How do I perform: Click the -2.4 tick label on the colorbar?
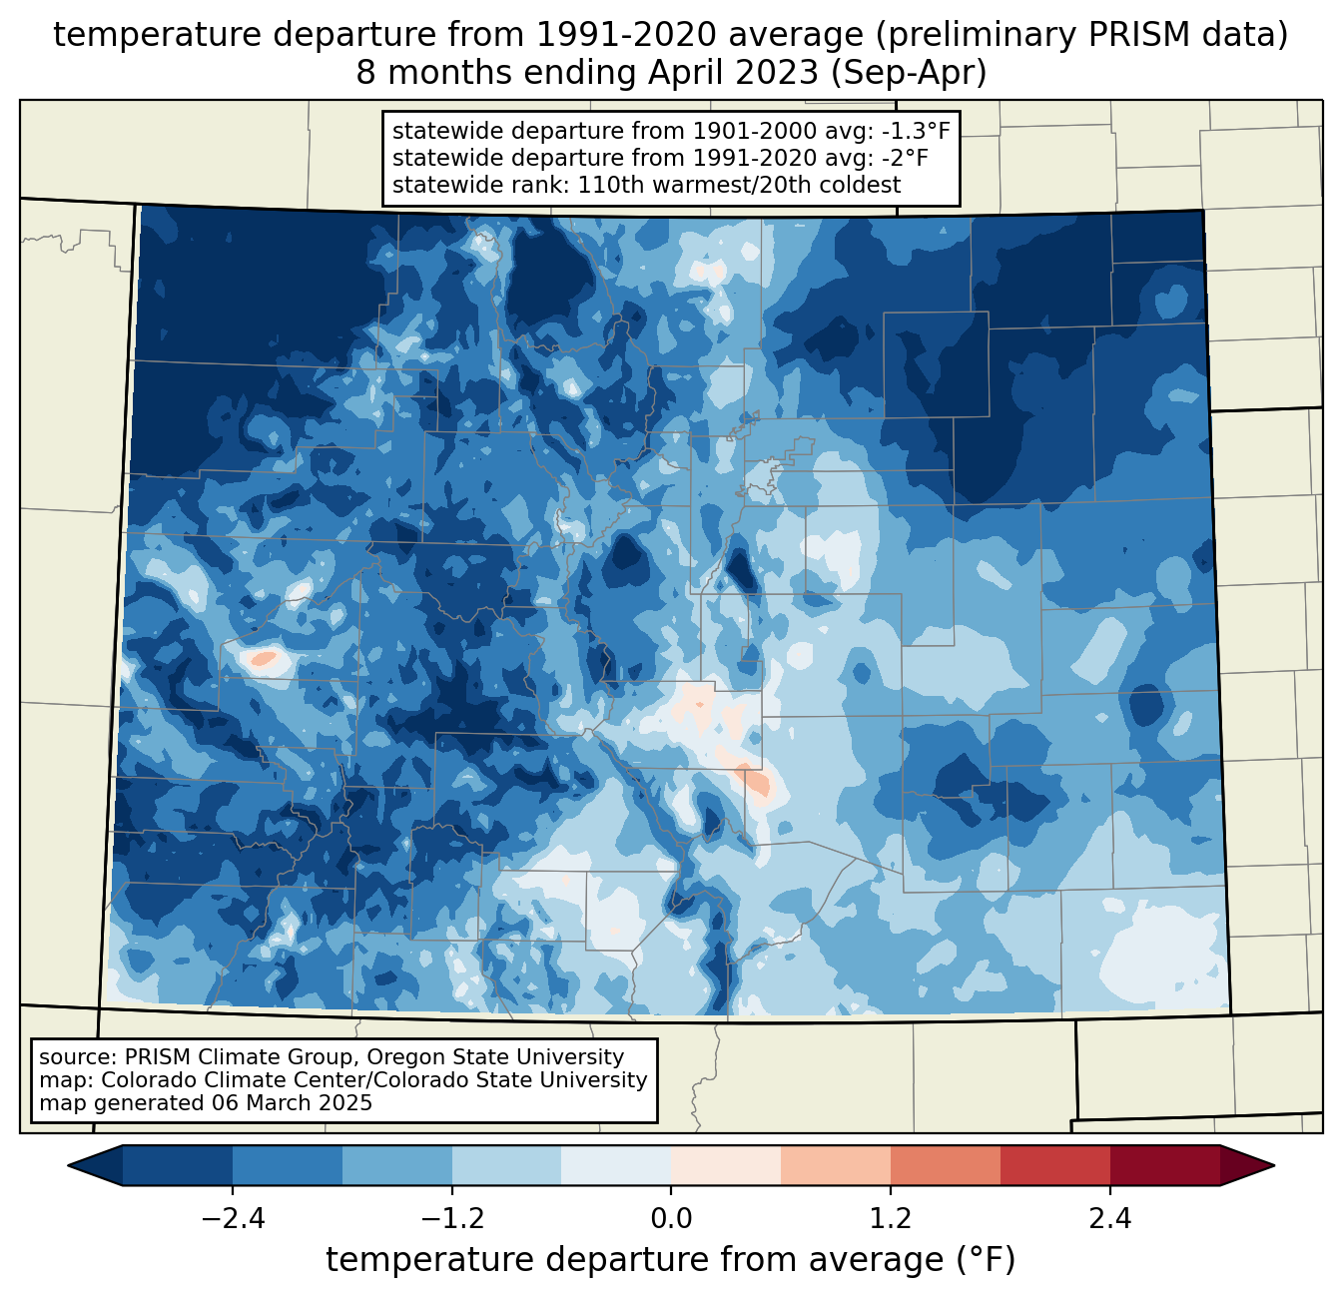[x=233, y=1219]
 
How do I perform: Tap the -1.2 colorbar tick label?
[x=452, y=1219]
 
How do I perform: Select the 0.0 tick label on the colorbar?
[x=671, y=1219]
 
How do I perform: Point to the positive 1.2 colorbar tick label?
[x=891, y=1219]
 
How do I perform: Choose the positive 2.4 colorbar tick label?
[x=1110, y=1219]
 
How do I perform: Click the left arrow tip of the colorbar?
[x=68, y=1166]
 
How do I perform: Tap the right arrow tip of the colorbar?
[x=1274, y=1166]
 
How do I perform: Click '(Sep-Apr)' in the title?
[x=909, y=73]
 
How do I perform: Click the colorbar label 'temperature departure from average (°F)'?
[x=671, y=1260]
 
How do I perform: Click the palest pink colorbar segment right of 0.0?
[x=726, y=1166]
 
